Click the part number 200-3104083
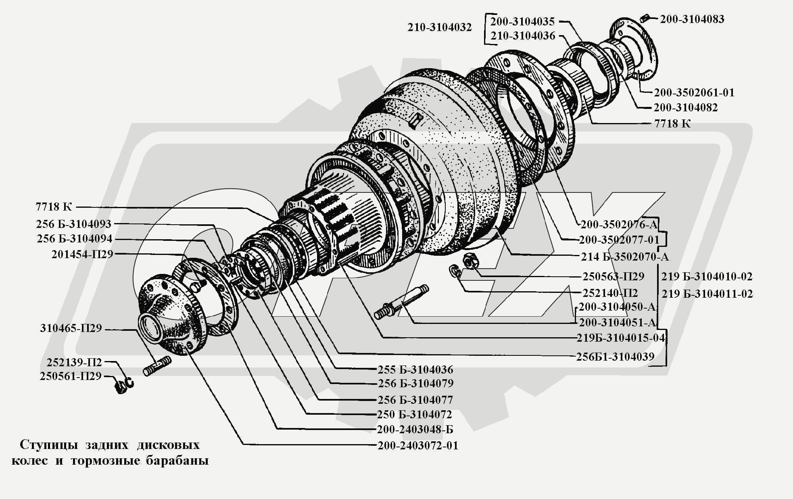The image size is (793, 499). [692, 19]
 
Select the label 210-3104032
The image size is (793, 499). [439, 27]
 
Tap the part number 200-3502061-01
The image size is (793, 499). [694, 92]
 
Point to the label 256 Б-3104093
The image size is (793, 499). [73, 224]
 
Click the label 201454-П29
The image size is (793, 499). [82, 254]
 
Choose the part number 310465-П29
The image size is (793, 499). [71, 328]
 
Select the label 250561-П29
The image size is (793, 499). [71, 376]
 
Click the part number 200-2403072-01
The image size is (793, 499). [418, 445]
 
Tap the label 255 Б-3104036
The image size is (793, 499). [415, 370]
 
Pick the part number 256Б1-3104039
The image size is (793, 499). [615, 356]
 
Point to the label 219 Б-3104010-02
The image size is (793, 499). [707, 276]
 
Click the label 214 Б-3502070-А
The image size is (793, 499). [625, 256]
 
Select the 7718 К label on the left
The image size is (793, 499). [54, 207]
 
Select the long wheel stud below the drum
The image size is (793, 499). [402, 302]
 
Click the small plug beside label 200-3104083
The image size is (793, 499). [645, 18]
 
